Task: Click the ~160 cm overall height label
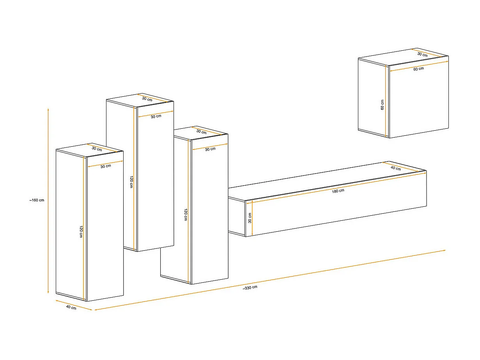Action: [x=36, y=200]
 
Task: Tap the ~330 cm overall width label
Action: [x=250, y=287]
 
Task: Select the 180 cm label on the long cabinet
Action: [x=338, y=191]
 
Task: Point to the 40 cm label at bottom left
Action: [x=71, y=308]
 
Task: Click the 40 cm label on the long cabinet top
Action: [x=395, y=168]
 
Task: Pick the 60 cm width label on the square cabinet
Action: [x=418, y=69]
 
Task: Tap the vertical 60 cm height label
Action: [x=383, y=105]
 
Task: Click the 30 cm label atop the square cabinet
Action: [x=422, y=55]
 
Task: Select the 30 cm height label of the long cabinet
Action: [x=250, y=218]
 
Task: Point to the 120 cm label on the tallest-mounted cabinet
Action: [x=132, y=182]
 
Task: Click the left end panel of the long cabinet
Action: [x=236, y=216]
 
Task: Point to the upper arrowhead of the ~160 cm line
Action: [x=48, y=110]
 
